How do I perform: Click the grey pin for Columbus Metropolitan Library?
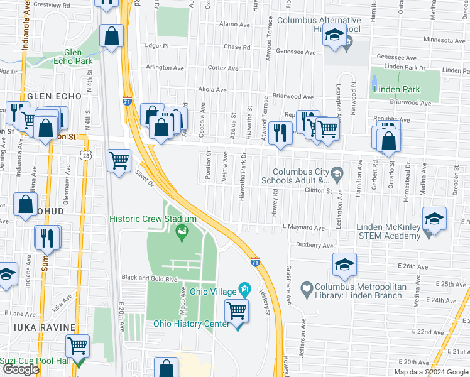306,289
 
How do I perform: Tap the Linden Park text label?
396,89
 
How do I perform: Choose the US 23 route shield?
84,155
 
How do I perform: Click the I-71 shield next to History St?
255,261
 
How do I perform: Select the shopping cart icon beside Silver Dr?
119,161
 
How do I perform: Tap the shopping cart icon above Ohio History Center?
237,310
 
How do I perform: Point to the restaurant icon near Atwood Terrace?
281,133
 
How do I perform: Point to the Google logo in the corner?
21,370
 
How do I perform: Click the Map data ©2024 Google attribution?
431,372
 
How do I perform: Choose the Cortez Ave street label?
224,68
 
